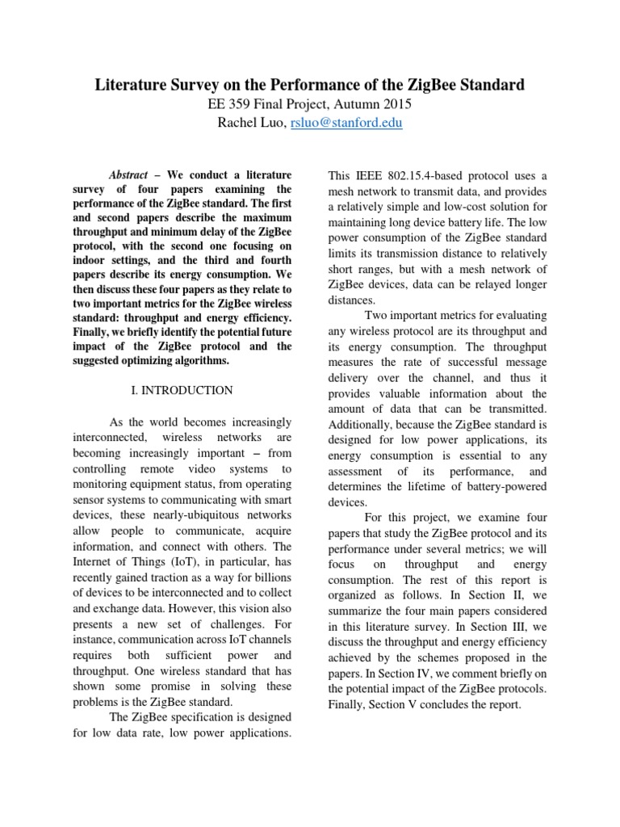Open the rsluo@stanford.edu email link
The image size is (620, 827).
point(351,123)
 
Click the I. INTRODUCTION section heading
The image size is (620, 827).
point(182,390)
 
